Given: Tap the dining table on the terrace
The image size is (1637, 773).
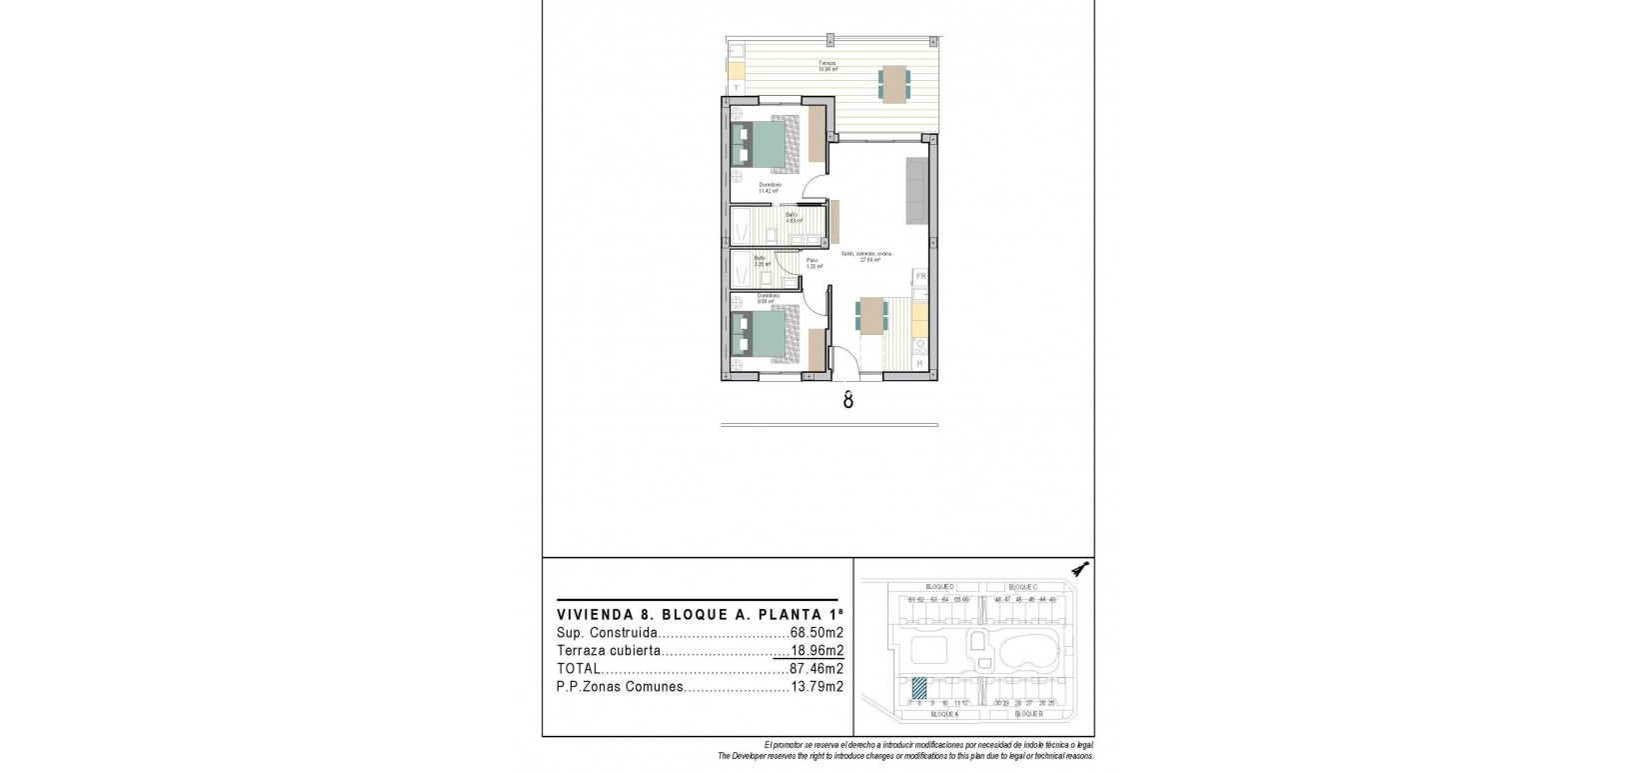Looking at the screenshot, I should click(893, 82).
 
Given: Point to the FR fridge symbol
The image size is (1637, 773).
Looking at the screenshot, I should click(921, 276).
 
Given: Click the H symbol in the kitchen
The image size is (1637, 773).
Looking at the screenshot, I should click(920, 364).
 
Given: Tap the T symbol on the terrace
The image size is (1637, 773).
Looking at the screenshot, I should click(737, 88).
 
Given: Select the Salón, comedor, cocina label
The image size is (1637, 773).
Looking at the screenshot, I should click(865, 256).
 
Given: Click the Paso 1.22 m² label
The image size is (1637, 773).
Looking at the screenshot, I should click(814, 263).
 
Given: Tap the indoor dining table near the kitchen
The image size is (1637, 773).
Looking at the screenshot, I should click(872, 316).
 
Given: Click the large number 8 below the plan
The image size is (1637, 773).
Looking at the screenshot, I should click(847, 400).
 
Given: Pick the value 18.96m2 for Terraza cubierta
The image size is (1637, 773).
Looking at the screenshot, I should click(817, 651).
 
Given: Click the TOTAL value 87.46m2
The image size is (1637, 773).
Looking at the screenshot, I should click(817, 669).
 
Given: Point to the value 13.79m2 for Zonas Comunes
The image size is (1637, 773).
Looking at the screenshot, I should click(817, 687).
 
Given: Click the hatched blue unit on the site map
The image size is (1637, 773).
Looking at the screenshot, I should click(918, 689).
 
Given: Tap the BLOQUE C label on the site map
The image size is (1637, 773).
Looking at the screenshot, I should click(1023, 587).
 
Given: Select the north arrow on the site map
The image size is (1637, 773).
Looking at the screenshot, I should click(1079, 569).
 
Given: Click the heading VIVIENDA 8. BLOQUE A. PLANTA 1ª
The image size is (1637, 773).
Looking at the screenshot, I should click(700, 614).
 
